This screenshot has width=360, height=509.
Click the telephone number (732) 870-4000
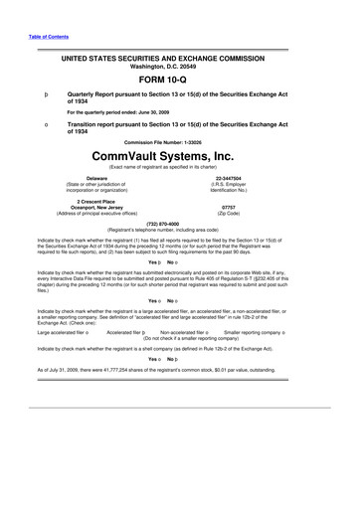[x=180, y=223]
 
